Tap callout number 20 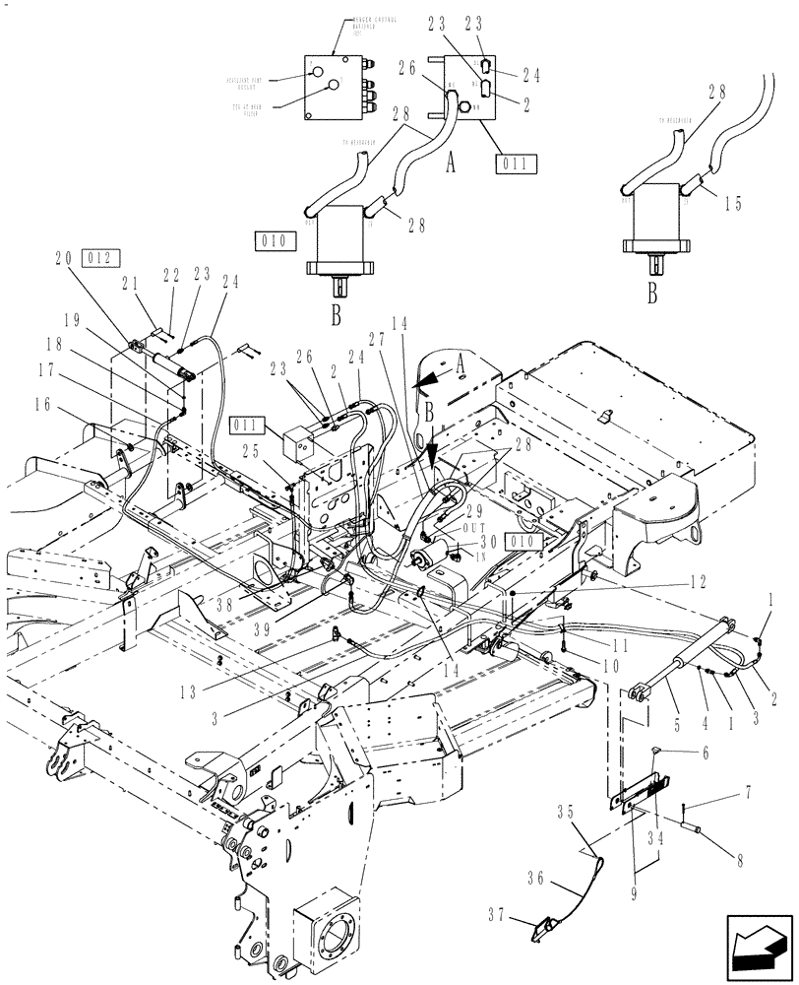(65, 258)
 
